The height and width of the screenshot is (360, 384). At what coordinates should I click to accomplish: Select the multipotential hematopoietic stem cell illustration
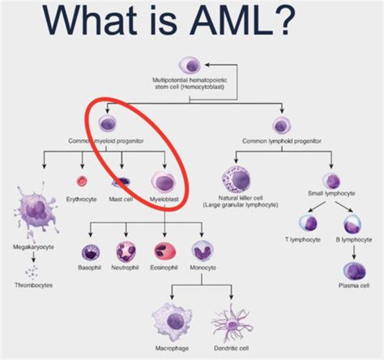(x=191, y=64)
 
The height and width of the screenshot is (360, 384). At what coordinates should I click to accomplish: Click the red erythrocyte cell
(x=81, y=182)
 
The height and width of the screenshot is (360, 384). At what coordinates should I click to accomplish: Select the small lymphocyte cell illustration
(x=331, y=180)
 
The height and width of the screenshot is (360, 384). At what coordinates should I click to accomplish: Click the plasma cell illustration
(x=353, y=269)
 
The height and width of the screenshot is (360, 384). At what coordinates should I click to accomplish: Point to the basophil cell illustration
(x=88, y=252)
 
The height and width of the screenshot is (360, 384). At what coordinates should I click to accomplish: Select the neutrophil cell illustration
(x=126, y=252)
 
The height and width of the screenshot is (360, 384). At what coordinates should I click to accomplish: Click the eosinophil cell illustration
(x=163, y=252)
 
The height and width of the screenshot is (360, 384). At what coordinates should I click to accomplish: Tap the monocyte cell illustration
(x=201, y=252)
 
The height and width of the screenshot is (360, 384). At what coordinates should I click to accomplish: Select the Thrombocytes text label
(x=33, y=285)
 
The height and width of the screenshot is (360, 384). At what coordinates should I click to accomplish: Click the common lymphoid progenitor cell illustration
(x=282, y=125)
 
